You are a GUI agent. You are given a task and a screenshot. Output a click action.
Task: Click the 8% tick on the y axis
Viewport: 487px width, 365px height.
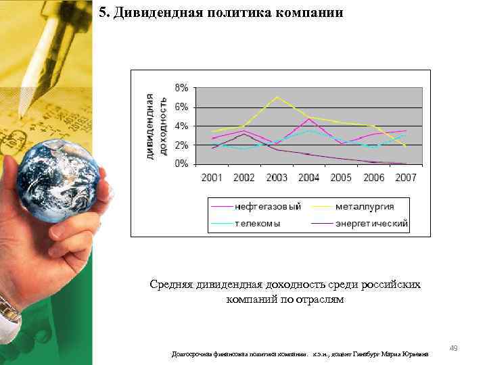182,88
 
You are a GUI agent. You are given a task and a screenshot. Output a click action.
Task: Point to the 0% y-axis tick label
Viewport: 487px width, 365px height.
182,164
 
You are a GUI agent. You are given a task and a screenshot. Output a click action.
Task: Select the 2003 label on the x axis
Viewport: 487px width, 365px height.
277,178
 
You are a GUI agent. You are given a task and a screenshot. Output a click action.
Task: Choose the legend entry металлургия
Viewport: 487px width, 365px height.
366,206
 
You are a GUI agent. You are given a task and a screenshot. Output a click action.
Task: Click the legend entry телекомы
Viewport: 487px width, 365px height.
258,223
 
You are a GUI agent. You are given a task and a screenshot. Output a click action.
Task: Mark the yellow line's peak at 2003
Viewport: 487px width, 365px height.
277,97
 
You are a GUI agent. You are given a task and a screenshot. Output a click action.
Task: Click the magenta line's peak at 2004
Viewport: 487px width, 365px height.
309,119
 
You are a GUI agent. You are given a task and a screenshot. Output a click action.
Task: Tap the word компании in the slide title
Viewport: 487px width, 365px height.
311,13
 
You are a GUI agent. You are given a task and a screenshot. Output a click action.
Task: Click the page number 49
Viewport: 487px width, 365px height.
454,348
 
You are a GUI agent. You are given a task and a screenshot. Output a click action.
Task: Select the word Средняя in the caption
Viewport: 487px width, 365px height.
173,285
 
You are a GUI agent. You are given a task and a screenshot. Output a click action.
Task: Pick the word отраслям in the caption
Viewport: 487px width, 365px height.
319,299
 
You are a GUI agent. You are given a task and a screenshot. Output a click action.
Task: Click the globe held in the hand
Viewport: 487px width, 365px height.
59,180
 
